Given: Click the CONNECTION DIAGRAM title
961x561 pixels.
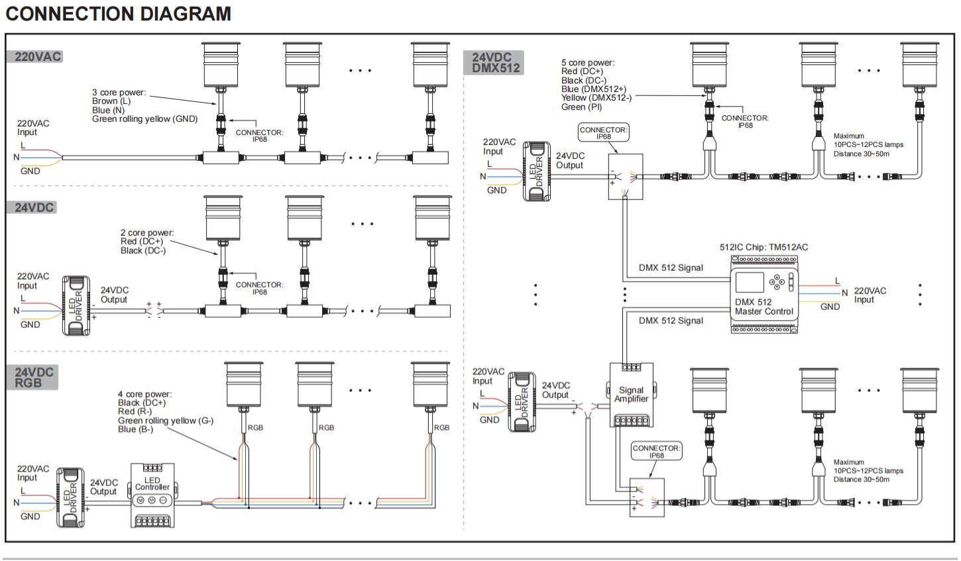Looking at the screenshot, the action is coord(119,14).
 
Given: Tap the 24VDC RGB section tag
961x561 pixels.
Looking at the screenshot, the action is coord(32,378).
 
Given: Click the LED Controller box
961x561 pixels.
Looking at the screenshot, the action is coord(152,495).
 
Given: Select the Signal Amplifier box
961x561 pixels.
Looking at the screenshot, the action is coord(632,395).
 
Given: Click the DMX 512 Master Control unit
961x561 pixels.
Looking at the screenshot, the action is coord(764,295).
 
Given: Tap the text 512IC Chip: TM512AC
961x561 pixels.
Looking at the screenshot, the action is coord(763,247).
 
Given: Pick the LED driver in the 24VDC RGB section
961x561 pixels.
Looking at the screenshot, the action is coord(70,497).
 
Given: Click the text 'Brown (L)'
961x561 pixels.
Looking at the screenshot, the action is coord(111,101).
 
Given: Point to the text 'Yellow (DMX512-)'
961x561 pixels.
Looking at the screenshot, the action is coord(596,98).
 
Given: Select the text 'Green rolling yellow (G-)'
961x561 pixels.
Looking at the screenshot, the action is coord(166,421).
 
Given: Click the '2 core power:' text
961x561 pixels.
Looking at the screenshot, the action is coord(147,232).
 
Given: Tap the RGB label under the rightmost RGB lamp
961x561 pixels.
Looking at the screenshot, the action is coord(441,428).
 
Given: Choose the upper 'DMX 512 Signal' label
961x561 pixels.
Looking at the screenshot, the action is coord(671,268).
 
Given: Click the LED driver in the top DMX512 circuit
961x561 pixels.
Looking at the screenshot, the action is coord(537,172).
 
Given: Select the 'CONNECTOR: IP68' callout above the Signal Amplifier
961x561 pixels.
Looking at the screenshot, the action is coord(603,133).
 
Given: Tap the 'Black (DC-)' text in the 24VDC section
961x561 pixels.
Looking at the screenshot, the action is coord(143,250).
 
